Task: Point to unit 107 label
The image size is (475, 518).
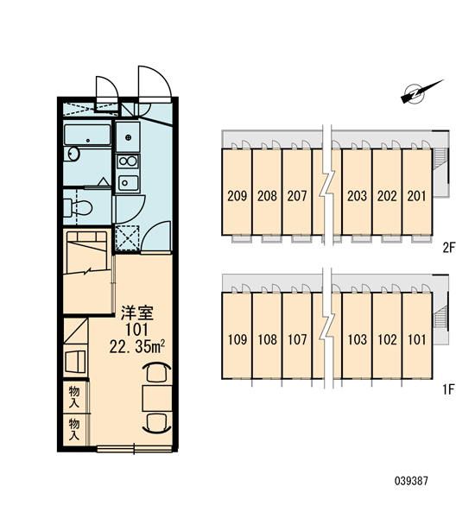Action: click(297, 339)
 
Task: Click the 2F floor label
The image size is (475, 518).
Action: click(449, 247)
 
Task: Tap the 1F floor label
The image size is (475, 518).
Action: click(448, 390)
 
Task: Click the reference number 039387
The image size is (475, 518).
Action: click(411, 481)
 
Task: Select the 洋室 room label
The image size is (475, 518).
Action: click(136, 313)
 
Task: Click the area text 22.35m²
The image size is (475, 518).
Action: click(136, 347)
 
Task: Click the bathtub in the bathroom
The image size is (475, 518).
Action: click(87, 135)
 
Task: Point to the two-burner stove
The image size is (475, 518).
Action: click(129, 161)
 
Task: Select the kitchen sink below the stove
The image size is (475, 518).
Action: click(129, 183)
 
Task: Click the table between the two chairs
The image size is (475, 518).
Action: click(157, 398)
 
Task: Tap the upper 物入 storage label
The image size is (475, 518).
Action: click(74, 397)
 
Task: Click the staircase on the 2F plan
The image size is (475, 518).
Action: click(440, 159)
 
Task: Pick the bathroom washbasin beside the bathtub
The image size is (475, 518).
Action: click(73, 154)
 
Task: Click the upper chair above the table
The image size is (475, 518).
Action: click(156, 372)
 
